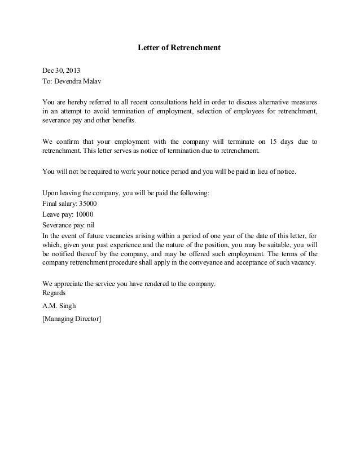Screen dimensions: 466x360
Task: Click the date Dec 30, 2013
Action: point(62,71)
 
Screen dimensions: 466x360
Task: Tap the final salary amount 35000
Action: point(88,204)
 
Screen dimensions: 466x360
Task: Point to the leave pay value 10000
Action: point(84,214)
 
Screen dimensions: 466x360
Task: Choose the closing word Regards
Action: point(54,293)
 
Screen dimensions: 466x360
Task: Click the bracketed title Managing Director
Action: point(72,319)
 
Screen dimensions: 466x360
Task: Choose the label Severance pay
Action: point(62,225)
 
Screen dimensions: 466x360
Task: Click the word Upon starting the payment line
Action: point(51,193)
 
